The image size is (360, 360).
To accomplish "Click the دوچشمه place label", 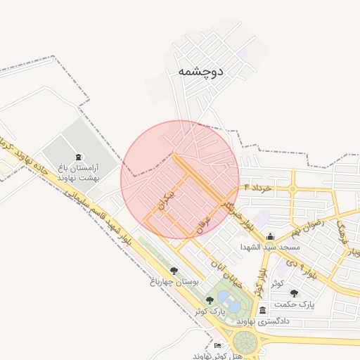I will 200,71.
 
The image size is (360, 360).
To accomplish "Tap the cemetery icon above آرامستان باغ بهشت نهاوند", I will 77,156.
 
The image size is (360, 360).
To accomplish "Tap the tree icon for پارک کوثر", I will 210,300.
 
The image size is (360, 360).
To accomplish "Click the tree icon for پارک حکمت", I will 294,293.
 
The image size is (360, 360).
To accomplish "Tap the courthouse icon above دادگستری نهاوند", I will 262,310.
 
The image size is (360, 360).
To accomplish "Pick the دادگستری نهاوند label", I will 263,321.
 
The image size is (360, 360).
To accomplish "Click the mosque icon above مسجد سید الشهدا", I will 271,237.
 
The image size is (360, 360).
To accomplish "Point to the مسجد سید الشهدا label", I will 270,247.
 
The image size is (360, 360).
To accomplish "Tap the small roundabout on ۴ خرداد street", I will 292,188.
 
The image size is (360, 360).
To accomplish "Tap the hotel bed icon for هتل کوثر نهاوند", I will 217,346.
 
